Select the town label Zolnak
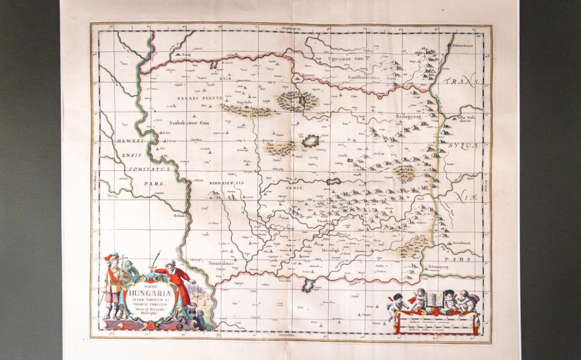click(179, 216)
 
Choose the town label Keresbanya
click(461, 243)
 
